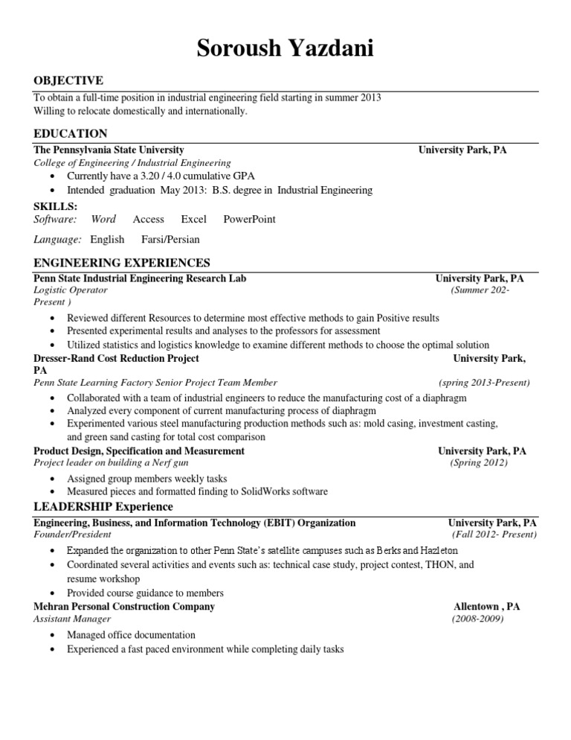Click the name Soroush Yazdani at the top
click(x=285, y=49)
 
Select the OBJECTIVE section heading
click(x=68, y=80)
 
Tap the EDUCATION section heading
click(x=71, y=133)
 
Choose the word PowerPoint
click(x=249, y=219)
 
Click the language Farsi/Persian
click(x=170, y=240)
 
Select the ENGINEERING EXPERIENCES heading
click(x=122, y=263)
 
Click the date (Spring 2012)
click(x=478, y=463)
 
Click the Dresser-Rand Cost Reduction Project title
click(x=116, y=358)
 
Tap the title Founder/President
click(x=73, y=535)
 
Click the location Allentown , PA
click(x=486, y=607)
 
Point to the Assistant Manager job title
click(x=72, y=619)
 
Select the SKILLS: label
click(x=55, y=206)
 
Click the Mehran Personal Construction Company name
click(x=124, y=607)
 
